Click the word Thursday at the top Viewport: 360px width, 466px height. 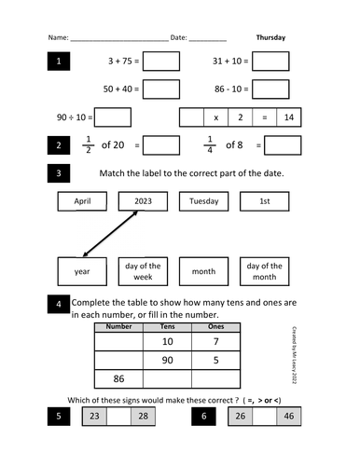(270, 38)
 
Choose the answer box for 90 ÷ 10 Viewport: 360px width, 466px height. (113, 117)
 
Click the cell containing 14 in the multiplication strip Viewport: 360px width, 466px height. (289, 117)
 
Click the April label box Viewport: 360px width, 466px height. (82, 201)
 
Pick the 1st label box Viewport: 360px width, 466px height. (264, 201)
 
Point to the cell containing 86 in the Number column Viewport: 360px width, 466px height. (118, 379)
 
